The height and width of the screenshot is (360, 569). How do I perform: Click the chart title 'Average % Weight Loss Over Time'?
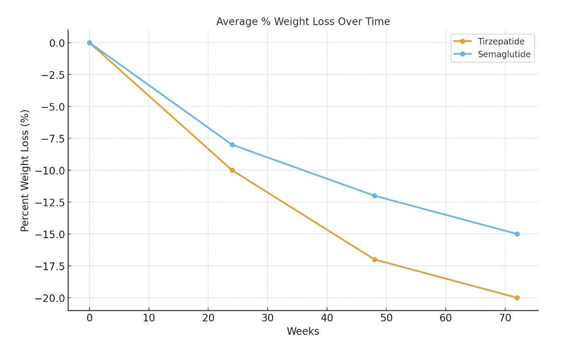(x=303, y=22)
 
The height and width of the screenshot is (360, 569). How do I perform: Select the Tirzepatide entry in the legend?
(x=500, y=42)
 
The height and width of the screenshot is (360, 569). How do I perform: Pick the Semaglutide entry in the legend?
(x=503, y=54)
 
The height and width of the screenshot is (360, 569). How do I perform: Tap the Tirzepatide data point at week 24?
(x=232, y=170)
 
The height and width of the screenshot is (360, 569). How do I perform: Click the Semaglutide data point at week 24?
(x=232, y=145)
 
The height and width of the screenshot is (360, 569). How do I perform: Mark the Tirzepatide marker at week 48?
(x=374, y=260)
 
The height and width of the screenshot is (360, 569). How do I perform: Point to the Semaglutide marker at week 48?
(x=374, y=196)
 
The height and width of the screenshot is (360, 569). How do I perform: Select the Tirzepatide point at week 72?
(x=517, y=298)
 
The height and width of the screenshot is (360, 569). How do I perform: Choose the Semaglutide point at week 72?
(x=517, y=234)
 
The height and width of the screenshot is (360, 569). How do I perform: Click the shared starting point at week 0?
(x=89, y=43)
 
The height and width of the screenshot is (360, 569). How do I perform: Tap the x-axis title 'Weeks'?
(x=303, y=331)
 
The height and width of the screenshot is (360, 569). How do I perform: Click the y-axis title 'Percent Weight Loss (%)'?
(x=25, y=170)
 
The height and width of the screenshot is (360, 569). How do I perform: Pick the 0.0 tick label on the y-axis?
(x=57, y=43)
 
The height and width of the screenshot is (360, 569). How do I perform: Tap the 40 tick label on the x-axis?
(x=327, y=318)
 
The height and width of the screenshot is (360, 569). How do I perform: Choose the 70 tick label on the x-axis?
(x=505, y=318)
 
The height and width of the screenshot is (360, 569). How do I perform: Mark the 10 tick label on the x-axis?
(x=149, y=318)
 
